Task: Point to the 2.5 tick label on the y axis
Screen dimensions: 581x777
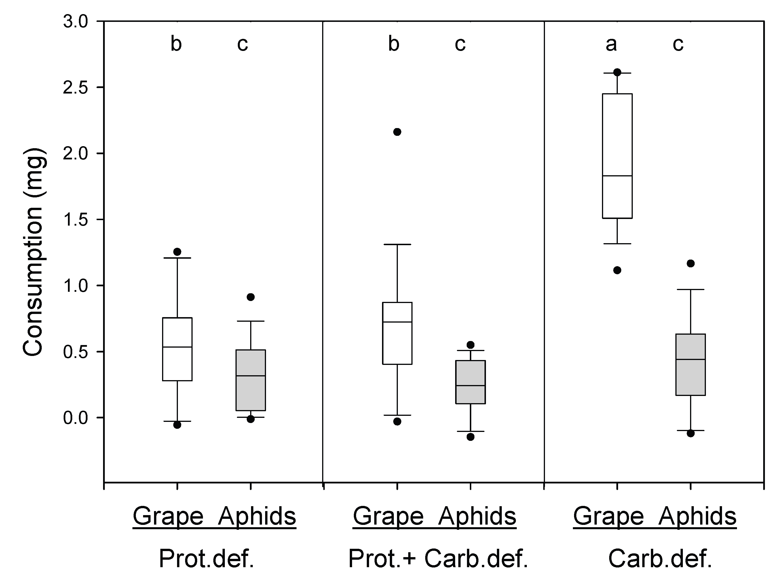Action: pos(75,88)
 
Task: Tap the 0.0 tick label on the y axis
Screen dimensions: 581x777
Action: pos(75,418)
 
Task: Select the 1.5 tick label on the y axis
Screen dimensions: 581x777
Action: pos(75,220)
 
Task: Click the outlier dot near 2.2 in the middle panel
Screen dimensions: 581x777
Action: pos(397,132)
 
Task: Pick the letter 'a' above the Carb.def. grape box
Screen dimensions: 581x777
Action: pos(611,45)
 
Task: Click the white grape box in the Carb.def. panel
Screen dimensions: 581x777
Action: pos(617,140)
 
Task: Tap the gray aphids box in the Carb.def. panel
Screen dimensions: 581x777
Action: pos(691,379)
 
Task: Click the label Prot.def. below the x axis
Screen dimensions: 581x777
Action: pos(206,559)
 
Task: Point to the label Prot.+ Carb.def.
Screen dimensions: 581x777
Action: pos(438,559)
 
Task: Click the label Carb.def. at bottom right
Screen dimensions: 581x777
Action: pos(660,559)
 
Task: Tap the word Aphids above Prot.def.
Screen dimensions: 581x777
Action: pos(257,516)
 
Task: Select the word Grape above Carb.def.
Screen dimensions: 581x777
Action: pos(609,516)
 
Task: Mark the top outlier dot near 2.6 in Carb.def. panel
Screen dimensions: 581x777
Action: pos(617,72)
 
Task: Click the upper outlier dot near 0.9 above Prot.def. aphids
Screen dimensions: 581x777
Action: pos(250,297)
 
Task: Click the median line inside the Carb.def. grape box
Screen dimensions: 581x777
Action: pos(617,176)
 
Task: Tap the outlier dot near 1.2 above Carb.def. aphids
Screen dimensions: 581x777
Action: pos(691,263)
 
